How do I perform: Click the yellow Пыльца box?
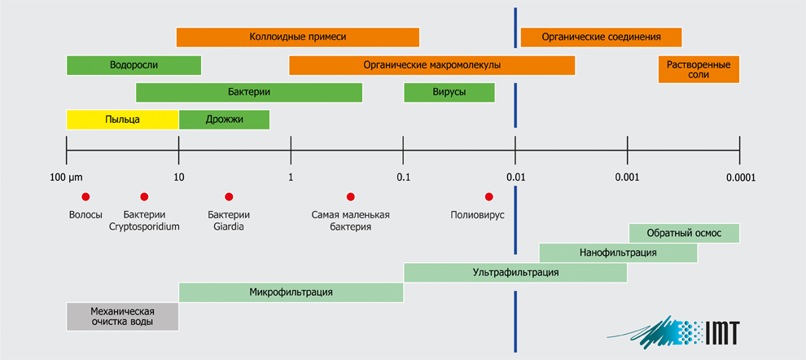tap(122, 120)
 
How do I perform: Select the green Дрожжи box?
tap(224, 120)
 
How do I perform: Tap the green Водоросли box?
tap(134, 65)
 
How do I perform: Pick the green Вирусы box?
tap(449, 93)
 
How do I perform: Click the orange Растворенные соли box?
tap(699, 69)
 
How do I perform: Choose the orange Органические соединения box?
tap(601, 37)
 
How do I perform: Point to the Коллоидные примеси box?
tap(298, 37)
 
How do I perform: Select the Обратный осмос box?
tap(684, 233)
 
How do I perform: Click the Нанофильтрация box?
tap(618, 252)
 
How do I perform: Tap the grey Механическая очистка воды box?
tap(122, 317)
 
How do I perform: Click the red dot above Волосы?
tap(85, 196)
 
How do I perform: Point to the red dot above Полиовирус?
tap(488, 196)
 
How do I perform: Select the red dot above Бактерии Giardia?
tap(229, 196)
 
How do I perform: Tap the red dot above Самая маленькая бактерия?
tap(351, 196)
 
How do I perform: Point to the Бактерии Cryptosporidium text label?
tap(144, 221)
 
